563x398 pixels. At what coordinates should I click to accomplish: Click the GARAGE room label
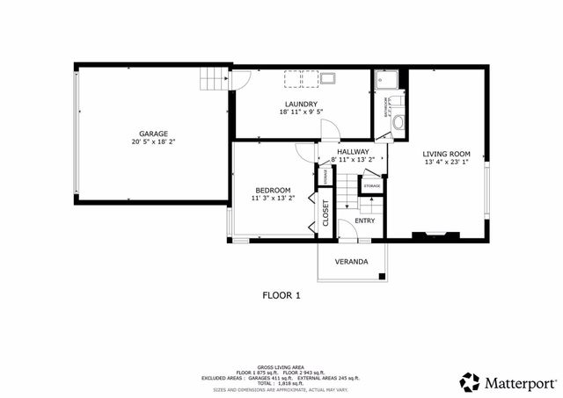[154, 134]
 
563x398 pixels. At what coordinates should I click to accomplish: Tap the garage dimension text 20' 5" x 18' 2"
[154, 141]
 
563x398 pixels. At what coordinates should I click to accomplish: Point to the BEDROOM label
[273, 191]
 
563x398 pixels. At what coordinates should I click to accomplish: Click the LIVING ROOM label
[447, 152]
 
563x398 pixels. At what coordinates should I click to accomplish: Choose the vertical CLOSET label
[325, 213]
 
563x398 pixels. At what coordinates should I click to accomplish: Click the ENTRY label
[365, 221]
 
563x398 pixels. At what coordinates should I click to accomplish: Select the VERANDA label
[351, 262]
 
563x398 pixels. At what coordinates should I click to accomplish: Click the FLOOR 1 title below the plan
[281, 295]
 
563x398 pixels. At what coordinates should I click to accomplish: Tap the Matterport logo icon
[471, 381]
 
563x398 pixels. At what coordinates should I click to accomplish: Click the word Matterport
[521, 382]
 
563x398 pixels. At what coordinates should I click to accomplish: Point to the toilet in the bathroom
[397, 123]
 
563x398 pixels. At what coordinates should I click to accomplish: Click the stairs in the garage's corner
[213, 81]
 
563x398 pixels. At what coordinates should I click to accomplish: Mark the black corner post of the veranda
[382, 278]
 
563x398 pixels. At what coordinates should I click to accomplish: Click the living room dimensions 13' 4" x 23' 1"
[447, 161]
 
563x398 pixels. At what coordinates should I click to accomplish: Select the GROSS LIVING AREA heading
[281, 366]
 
